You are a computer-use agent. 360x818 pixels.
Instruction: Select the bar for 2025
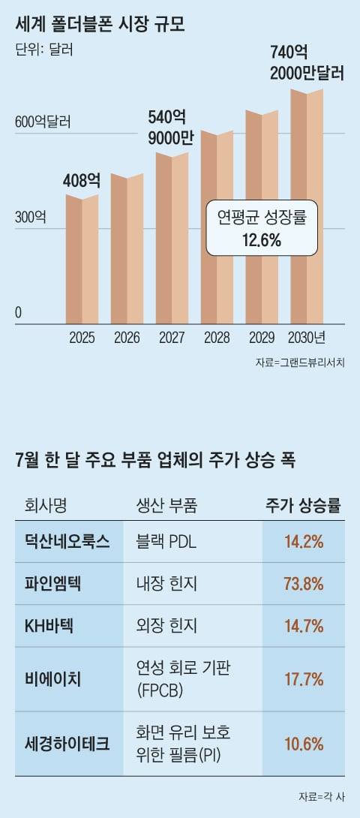[x=82, y=259]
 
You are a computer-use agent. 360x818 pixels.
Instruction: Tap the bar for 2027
[x=172, y=239]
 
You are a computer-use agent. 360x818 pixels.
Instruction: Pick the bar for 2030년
[x=307, y=206]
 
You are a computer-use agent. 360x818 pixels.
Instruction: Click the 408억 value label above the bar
[x=82, y=180]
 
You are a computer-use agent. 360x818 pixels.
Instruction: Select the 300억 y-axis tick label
[x=31, y=218]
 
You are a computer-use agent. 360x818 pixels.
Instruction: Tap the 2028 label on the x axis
[x=217, y=338]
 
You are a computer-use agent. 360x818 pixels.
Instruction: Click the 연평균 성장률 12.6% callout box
[x=261, y=228]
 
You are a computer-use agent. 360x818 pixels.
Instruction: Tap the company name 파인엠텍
[x=57, y=583]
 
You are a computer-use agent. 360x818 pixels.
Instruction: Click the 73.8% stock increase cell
[x=304, y=583]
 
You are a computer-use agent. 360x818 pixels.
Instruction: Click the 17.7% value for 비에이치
[x=304, y=679]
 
